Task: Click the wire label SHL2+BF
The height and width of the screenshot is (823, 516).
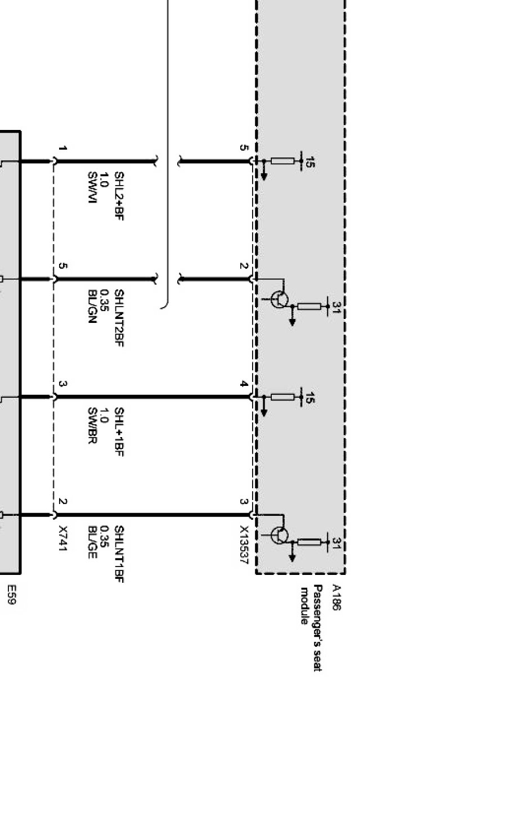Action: click(x=119, y=196)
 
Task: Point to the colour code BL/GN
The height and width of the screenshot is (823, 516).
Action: click(x=92, y=307)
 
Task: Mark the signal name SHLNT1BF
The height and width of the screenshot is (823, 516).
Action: click(x=119, y=554)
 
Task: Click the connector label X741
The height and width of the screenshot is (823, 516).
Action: click(x=63, y=538)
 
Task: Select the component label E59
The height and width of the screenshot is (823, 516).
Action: click(x=11, y=594)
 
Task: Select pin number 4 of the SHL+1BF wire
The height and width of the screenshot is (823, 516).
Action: click(x=244, y=384)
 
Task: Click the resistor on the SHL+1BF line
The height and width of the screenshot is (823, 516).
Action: click(x=282, y=397)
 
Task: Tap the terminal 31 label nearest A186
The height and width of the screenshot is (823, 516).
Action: click(x=336, y=543)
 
